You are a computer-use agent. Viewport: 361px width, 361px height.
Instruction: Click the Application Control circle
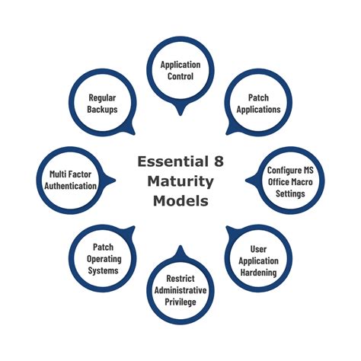click(180, 71)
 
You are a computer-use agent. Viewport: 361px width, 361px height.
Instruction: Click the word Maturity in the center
click(180, 182)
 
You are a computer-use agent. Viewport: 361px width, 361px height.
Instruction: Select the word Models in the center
click(180, 203)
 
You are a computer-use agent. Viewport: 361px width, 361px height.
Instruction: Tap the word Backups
click(101, 110)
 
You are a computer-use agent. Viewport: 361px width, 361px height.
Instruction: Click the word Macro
click(292, 182)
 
